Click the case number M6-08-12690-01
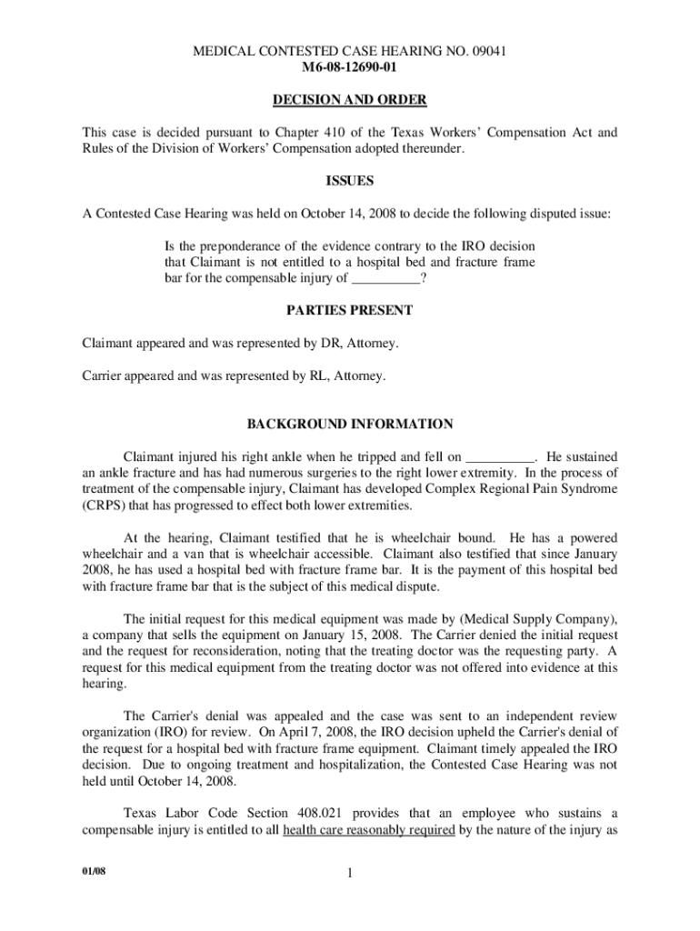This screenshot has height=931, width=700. point(349,67)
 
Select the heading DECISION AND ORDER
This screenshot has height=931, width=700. point(349,99)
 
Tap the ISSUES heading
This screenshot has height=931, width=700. point(349,181)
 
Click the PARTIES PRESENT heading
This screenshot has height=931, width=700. point(349,310)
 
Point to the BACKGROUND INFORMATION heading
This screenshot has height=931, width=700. point(349,424)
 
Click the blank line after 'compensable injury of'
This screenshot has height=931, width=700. point(385,279)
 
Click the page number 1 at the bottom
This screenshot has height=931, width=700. point(350,876)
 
